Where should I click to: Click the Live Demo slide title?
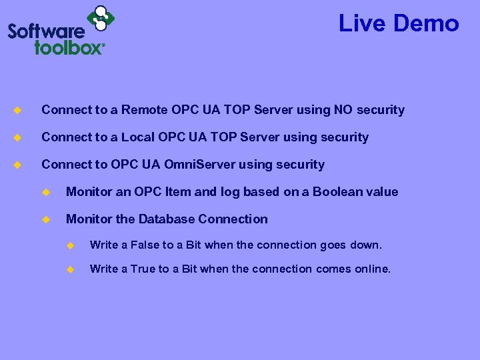[399, 23]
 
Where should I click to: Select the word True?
[143, 269]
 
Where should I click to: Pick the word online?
[373, 269]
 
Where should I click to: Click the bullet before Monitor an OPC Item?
[46, 192]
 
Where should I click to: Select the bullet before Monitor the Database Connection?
[46, 219]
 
